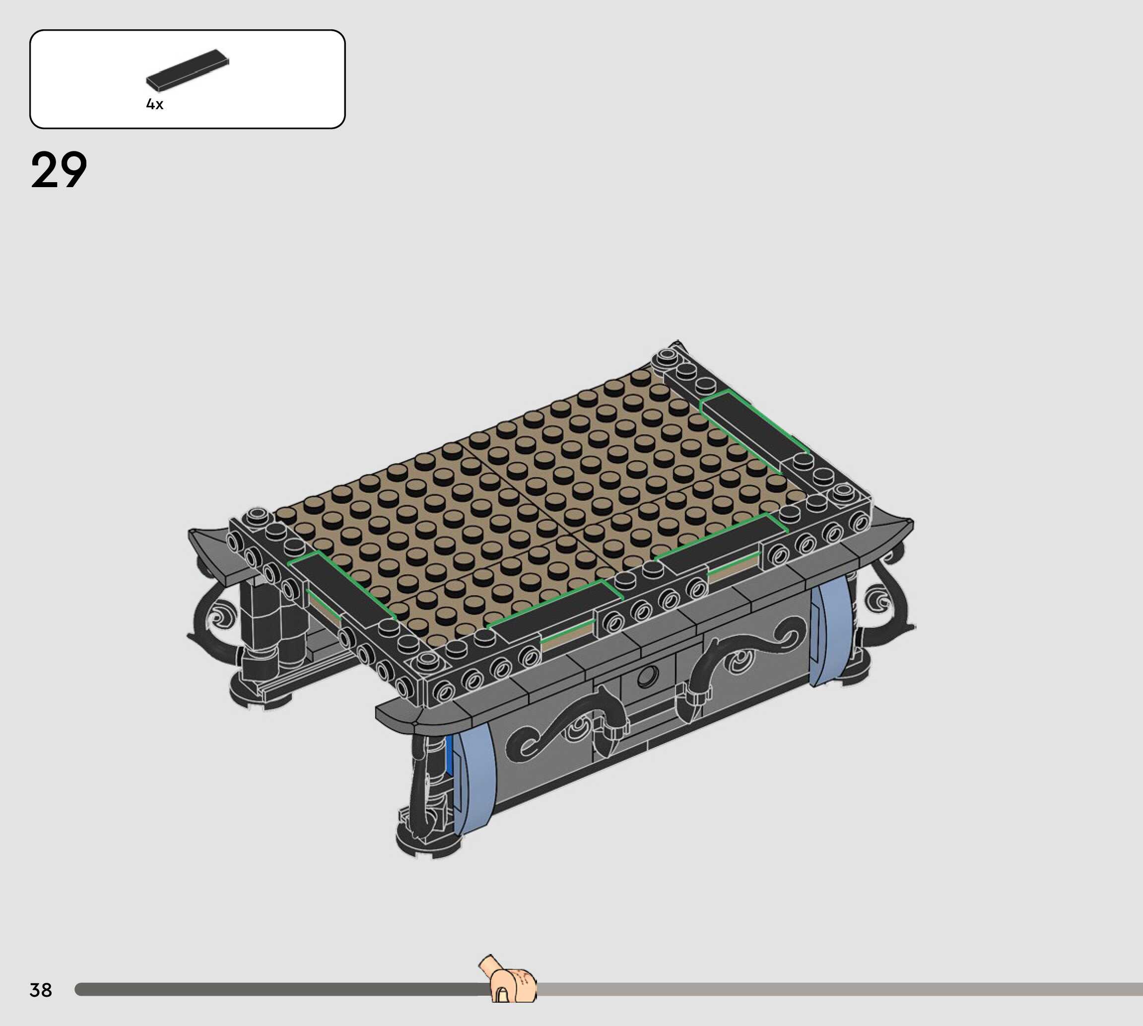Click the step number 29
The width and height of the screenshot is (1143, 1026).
(x=59, y=170)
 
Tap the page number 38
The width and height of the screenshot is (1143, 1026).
(x=41, y=990)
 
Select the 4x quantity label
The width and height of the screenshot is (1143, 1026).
(x=154, y=104)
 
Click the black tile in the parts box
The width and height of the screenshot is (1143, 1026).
(x=188, y=70)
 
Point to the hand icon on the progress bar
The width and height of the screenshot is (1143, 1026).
(x=508, y=980)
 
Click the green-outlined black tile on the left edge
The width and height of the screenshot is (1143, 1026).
(x=342, y=587)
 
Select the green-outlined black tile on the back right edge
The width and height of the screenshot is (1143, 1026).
(x=754, y=431)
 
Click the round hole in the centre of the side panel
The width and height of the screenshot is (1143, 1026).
(x=647, y=677)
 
